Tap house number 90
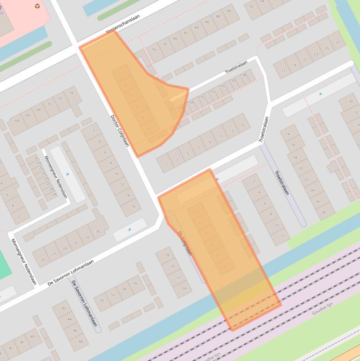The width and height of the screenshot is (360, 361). pyautogui.click(x=229, y=11)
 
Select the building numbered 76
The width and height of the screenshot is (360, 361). pyautogui.click(x=154, y=49)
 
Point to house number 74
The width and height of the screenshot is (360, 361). pyautogui.click(x=71, y=93)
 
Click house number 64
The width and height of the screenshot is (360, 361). pyautogui.click(x=17, y=120)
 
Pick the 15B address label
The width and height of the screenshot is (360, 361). pyautogui.click(x=243, y=75)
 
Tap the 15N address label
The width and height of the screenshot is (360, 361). pyautogui.click(x=191, y=102)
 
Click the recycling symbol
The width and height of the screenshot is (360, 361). pyautogui.click(x=37, y=6)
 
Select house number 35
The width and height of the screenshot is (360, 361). pyautogui.click(x=97, y=232)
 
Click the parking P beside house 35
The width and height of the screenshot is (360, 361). pyautogui.click(x=130, y=230)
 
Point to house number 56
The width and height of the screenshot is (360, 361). pyautogui.click(x=135, y=283)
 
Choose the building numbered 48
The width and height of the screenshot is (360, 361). pyautogui.click(x=81, y=341)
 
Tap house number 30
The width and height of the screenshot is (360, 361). pyautogui.click(x=351, y=101)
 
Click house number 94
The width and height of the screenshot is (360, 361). pyautogui.click(x=263, y=1)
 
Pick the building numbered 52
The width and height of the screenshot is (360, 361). pyautogui.click(x=113, y=294)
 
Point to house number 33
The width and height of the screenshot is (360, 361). pyautogui.click(x=87, y=237)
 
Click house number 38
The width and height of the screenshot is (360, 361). pyautogui.click(x=21, y=342)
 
